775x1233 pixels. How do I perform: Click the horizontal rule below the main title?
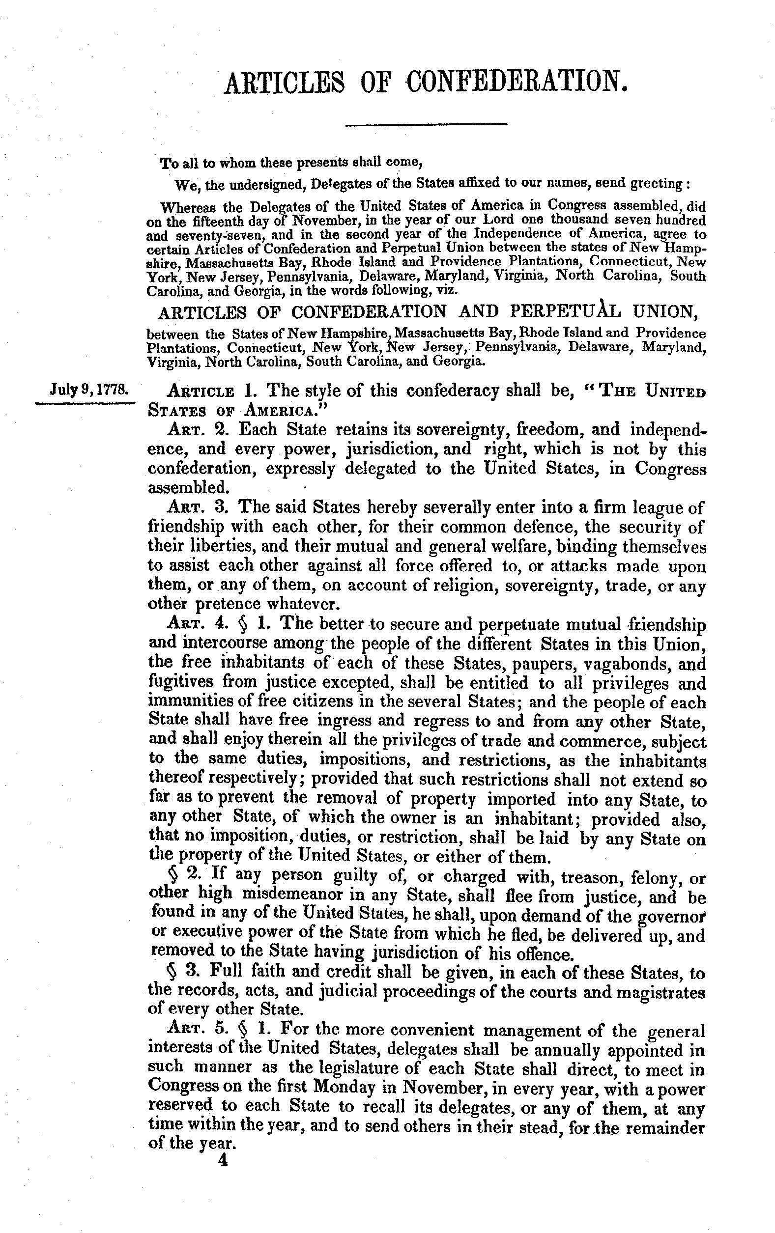(426, 124)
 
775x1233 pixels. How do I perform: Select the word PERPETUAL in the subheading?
(562, 311)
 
